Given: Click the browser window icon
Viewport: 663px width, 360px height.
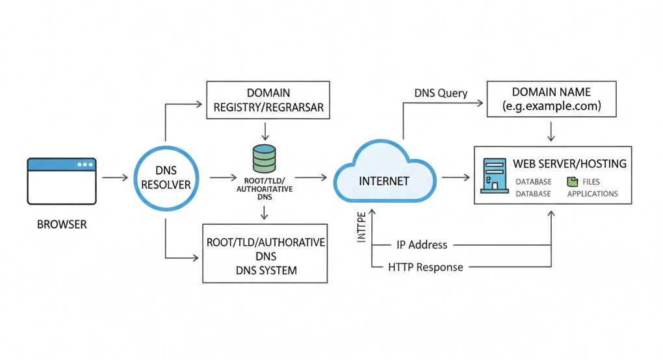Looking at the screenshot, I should tap(61, 181).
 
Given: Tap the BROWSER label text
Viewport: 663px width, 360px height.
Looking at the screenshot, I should tap(62, 225).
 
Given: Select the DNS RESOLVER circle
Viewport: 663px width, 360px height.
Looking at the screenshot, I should tap(166, 176).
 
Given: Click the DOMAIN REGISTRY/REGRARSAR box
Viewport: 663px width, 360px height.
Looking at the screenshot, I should tap(268, 100).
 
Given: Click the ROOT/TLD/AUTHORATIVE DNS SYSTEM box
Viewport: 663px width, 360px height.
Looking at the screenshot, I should tap(266, 255).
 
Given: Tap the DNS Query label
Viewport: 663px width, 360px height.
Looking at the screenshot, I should tap(441, 93).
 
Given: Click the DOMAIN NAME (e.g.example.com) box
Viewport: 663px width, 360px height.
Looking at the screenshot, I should tap(551, 99).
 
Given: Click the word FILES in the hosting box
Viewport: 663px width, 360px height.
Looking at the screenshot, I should tap(591, 182).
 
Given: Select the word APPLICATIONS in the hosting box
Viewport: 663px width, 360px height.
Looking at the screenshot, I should tap(592, 194).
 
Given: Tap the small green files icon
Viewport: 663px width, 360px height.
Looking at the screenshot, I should tap(572, 182).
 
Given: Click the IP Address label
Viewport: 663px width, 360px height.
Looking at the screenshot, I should tap(421, 245).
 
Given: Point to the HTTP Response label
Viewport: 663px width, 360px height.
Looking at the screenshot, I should tap(425, 266).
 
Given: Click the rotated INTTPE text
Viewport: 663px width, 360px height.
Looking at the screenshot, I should tap(362, 229).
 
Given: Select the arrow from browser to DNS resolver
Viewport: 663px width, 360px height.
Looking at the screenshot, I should tap(115, 177).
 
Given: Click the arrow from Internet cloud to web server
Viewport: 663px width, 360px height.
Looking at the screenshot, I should tap(455, 177).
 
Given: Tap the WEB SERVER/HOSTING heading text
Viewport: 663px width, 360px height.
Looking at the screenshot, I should tap(569, 164).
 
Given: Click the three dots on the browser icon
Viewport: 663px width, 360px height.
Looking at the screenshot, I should tap(84, 164).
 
